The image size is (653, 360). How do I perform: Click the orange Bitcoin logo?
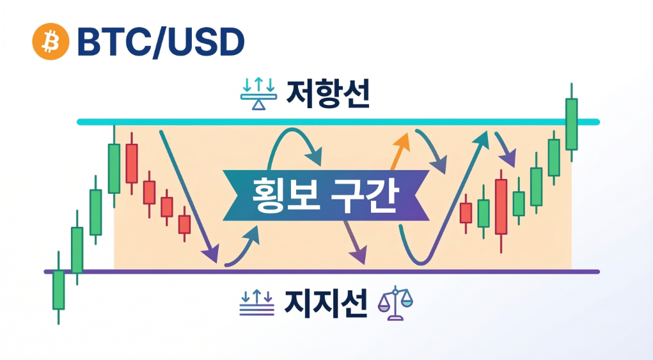point(50,42)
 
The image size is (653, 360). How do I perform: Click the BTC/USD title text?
point(160,42)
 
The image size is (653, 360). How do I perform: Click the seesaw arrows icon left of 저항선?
point(258,96)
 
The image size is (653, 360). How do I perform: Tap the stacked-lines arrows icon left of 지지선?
point(257,301)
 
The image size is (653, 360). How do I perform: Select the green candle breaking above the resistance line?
point(571,123)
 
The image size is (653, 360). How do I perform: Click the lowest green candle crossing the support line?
point(58,290)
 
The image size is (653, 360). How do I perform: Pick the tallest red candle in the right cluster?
point(501,206)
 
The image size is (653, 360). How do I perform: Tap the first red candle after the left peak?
point(132,163)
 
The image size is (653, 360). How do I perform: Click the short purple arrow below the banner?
point(354,242)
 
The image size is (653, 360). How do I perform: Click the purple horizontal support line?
point(320,272)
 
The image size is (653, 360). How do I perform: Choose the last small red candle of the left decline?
point(184,224)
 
